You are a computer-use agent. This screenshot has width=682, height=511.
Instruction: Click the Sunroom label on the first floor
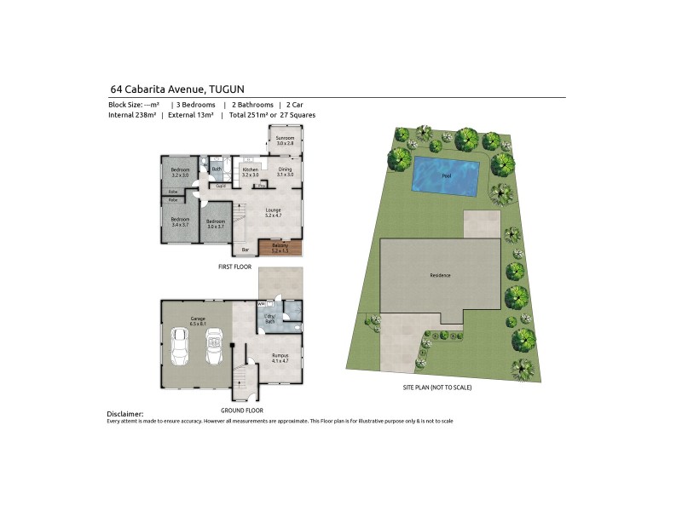point(284,141)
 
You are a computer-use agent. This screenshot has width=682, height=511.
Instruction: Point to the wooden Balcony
point(280,248)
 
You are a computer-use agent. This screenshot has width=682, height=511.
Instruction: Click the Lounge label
point(273,212)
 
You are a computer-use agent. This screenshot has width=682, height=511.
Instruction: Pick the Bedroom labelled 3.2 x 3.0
point(180,172)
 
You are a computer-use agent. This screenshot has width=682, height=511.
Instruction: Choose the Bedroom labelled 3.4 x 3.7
point(180,221)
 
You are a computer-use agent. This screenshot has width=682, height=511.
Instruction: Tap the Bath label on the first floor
point(216,169)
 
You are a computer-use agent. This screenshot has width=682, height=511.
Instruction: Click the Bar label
point(246,250)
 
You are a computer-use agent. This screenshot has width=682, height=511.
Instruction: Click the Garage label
point(197,321)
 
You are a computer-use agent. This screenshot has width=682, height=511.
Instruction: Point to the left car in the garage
point(180,347)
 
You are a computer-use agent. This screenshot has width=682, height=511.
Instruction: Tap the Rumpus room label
point(280,358)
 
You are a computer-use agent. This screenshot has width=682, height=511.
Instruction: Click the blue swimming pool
point(443,175)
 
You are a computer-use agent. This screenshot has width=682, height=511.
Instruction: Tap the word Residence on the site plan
point(440,276)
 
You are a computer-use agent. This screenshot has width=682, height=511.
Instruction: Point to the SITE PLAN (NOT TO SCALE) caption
point(437,388)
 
